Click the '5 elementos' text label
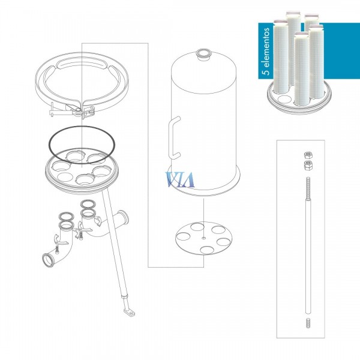pos(266,52)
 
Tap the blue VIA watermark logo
pos(180,179)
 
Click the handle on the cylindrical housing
pos(174,138)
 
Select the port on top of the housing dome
pos(203,54)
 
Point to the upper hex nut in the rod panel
pos(308,155)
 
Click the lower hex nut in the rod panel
pos(308,166)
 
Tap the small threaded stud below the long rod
pos(308,323)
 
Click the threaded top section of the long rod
pos(308,188)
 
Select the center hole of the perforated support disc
pos(203,238)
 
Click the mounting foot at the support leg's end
pos(129,313)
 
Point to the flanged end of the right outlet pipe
pos(125,218)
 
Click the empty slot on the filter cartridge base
pos(284,100)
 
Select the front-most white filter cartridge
pos(302,69)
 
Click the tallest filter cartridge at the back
pos(293,48)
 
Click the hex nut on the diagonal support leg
pos(124,297)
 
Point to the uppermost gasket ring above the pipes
pos(88,203)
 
